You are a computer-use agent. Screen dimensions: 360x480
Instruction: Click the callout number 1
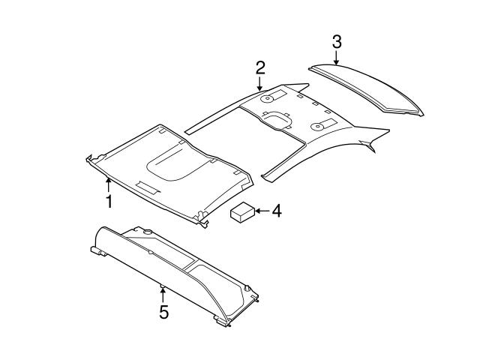109,201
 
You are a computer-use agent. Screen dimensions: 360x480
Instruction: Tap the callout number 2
259,67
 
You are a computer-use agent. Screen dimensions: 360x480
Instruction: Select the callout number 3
337,40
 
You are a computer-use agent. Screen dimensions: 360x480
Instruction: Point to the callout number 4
276,211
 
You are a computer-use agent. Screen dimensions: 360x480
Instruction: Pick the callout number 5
163,311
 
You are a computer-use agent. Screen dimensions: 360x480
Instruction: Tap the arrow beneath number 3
337,57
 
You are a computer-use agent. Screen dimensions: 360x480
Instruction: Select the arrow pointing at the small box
260,212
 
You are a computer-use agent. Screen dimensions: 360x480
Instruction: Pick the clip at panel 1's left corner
91,157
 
